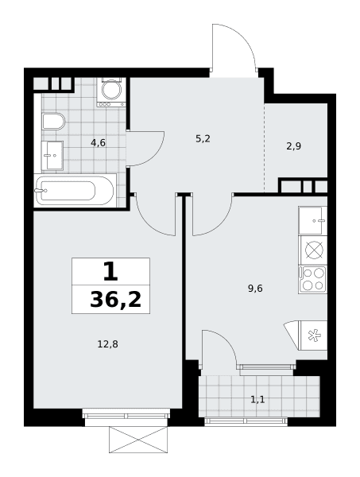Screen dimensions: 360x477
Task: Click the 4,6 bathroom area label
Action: coord(99,142)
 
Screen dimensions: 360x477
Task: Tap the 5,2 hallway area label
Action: coord(203,139)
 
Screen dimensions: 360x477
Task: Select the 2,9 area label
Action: coord(294,146)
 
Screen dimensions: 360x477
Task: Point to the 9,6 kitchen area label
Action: coord(255,288)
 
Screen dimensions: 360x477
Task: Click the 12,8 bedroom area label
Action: coord(107,344)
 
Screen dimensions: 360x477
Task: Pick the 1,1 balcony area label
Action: coord(257,399)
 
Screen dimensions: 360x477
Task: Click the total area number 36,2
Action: coord(116,300)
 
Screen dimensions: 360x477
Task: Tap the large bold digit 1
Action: coord(110,271)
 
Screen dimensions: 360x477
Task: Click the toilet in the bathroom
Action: coord(53,121)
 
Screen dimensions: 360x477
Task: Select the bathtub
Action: coord(75,191)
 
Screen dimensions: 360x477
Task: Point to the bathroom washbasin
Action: coord(52,156)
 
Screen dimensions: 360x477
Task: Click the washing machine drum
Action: coord(111,90)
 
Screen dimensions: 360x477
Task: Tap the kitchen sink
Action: coord(312,220)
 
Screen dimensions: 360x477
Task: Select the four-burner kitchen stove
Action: coord(313,280)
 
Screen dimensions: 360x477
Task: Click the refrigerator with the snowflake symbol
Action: coord(313,335)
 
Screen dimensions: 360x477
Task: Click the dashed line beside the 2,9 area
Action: coord(264,148)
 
